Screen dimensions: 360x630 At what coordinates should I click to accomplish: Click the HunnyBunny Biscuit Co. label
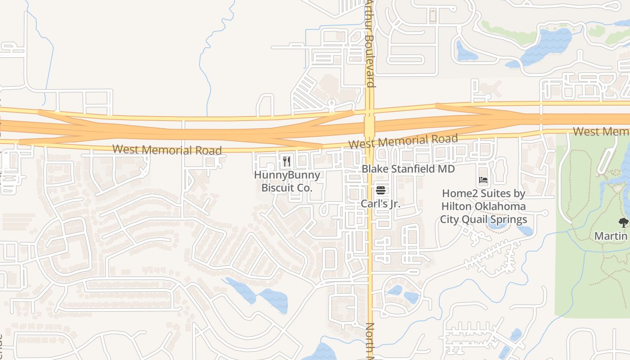coord(287,181)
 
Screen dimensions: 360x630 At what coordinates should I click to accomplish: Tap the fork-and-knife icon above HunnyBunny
coord(286,161)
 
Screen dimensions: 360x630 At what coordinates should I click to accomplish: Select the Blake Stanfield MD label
coord(408,169)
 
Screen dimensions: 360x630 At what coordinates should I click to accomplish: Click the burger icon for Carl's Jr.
coord(380,190)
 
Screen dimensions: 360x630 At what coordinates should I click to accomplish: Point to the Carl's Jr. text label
coord(380,203)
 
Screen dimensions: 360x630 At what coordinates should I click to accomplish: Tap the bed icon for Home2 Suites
coord(483,180)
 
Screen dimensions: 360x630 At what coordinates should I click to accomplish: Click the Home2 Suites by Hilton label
coord(483,206)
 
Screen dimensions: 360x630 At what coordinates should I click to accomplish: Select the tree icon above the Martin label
coord(623,222)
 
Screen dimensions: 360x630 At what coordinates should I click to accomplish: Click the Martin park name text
coord(611,236)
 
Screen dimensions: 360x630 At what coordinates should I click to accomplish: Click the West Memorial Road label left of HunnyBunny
coord(167,149)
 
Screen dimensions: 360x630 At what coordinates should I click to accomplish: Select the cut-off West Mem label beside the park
coord(601,131)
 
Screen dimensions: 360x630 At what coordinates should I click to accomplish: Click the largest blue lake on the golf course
coord(546,45)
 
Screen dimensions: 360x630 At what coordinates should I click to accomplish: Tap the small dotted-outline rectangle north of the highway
coord(433,16)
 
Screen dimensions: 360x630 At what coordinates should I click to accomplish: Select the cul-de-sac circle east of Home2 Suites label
coord(545,212)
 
